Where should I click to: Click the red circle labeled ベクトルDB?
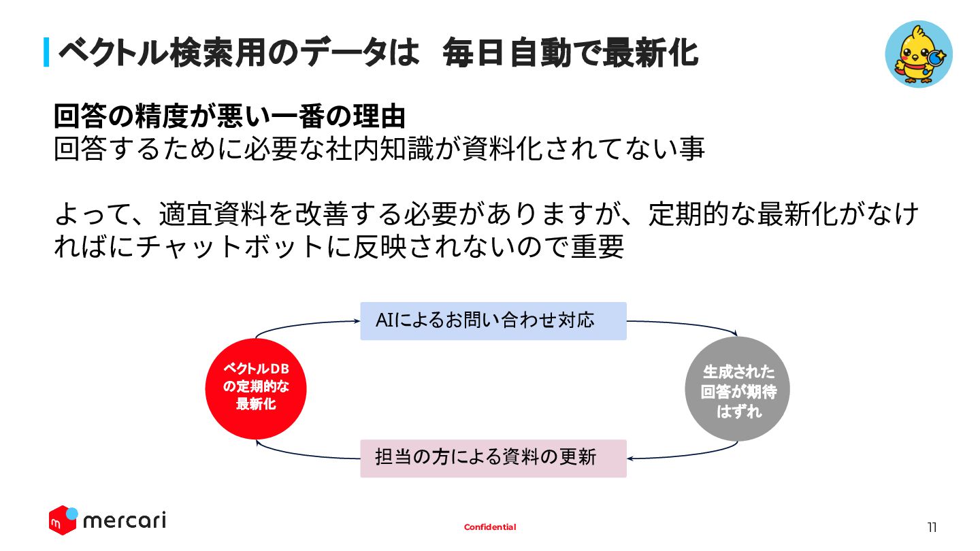(256, 388)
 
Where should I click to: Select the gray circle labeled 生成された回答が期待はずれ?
(737, 389)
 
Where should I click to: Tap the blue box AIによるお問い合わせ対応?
(493, 321)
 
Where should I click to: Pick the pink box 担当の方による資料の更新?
(493, 458)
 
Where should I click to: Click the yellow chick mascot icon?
(918, 54)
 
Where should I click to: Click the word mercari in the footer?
(124, 521)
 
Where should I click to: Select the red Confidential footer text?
(490, 527)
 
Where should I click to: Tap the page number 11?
(932, 527)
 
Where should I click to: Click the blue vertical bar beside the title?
(46, 52)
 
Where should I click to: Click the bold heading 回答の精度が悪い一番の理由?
(229, 116)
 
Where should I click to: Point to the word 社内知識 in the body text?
(368, 149)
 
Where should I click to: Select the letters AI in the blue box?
(385, 320)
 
